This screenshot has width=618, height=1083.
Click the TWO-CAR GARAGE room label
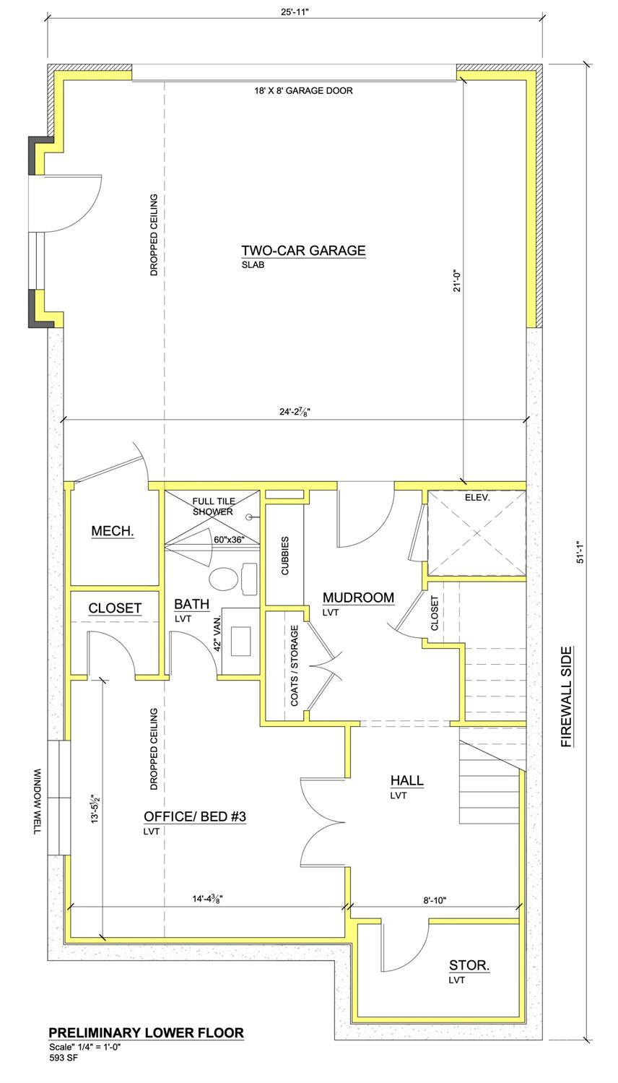pos(303,251)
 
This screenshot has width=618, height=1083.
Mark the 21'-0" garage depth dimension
pos(454,282)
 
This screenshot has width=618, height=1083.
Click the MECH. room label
pos(113,532)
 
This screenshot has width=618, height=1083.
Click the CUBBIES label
pos(285,555)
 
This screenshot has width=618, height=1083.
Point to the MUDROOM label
pos(358,597)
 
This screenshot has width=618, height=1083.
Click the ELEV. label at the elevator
pos(478,498)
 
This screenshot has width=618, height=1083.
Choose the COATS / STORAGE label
pos(295,666)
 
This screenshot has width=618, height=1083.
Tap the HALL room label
pos(406,780)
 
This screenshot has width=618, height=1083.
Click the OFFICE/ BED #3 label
pos(195,816)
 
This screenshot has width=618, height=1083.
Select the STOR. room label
pos(469,965)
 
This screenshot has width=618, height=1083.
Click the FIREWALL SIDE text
pos(567,696)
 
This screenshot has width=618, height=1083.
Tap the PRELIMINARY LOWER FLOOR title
pos(146,1033)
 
